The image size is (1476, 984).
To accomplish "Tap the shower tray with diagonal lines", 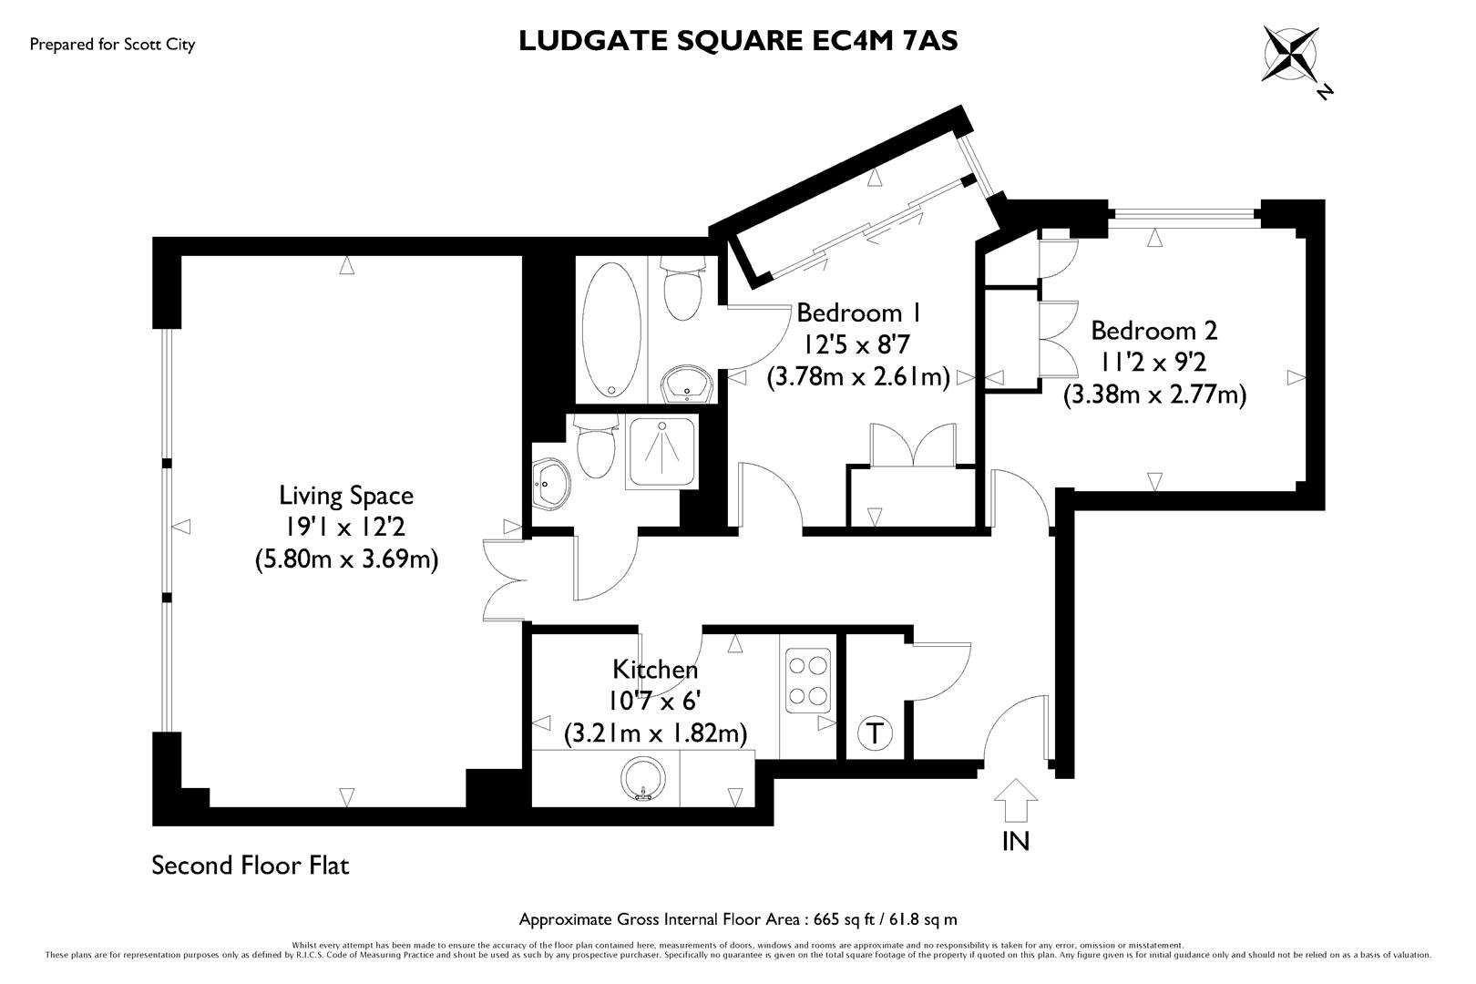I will [662, 453].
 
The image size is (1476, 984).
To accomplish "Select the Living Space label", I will [346, 496].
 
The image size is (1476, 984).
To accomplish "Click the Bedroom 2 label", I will [1154, 330].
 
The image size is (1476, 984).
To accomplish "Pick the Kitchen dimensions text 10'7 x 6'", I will [655, 701].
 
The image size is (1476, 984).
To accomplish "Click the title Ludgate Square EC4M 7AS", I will [738, 41].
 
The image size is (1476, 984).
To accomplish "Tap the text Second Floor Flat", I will [251, 865].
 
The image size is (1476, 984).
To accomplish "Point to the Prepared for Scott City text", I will [112, 44].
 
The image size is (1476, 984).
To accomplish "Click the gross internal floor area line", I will [738, 919].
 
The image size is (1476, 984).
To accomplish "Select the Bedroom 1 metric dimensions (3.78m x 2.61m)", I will [858, 376].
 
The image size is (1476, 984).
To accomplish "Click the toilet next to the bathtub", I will [682, 288].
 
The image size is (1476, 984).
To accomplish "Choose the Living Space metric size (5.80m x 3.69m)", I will [346, 559].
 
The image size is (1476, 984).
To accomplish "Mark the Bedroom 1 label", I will [858, 313].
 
